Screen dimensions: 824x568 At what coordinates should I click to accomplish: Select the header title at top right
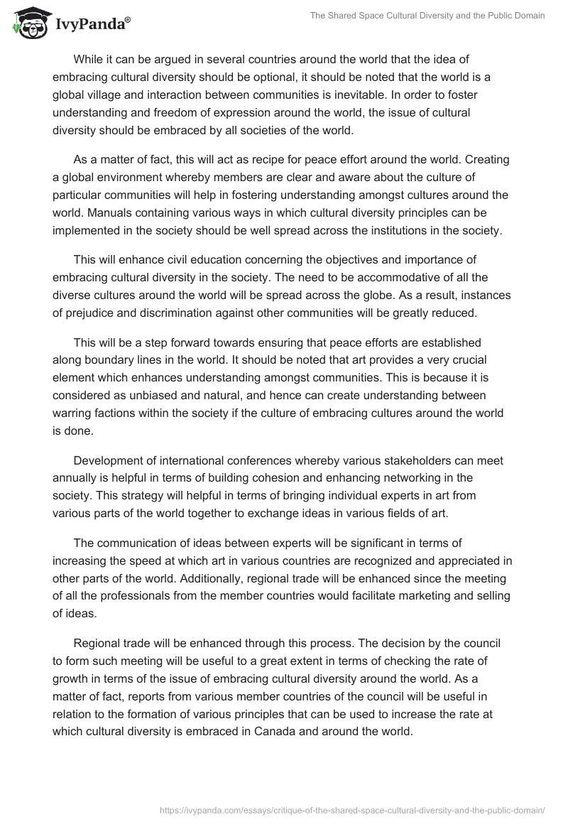coord(427,16)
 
